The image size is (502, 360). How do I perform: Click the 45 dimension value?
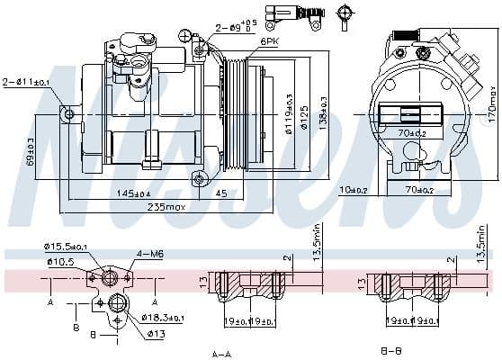(221, 193)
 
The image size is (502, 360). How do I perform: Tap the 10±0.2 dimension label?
(354, 190)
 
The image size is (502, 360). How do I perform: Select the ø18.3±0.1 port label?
(163, 319)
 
